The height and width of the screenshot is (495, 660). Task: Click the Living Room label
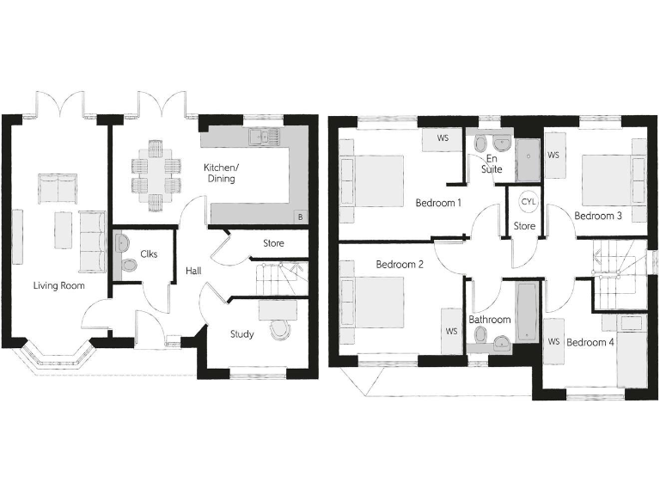point(59,284)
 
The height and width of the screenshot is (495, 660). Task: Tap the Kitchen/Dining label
point(220,173)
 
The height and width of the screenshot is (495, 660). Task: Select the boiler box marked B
point(299,217)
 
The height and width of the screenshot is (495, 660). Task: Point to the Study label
point(241,334)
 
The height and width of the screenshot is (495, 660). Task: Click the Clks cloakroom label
point(148,254)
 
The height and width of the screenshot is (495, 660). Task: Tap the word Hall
point(193,271)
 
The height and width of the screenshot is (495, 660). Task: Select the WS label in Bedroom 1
point(443,137)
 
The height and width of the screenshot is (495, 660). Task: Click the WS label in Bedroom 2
point(450,330)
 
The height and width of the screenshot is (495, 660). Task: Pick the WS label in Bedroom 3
point(553,156)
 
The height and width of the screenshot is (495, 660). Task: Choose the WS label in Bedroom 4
point(553,342)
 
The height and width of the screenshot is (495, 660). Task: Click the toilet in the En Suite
point(480,144)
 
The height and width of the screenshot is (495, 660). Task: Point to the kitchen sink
point(260,136)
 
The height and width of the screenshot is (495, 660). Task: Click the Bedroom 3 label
point(598,216)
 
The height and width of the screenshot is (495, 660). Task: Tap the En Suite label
point(492,165)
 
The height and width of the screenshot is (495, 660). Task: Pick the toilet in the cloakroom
point(129,266)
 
